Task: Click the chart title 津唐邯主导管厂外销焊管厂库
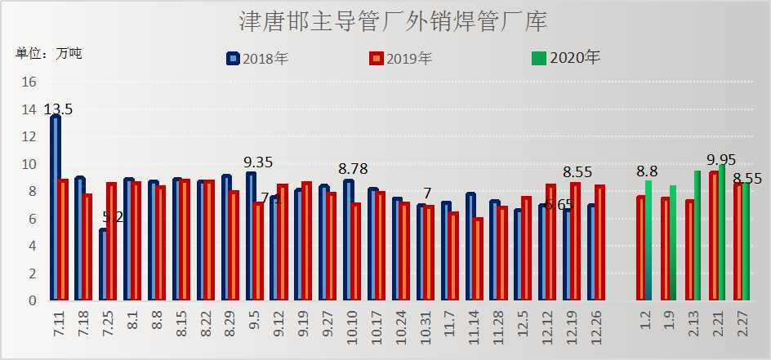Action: click(x=393, y=21)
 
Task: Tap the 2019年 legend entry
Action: click(x=400, y=58)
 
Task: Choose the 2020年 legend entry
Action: click(x=566, y=58)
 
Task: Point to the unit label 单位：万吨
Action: click(x=49, y=54)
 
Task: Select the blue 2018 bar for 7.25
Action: click(x=104, y=264)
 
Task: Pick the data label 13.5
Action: click(x=58, y=109)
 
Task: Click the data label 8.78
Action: click(x=352, y=169)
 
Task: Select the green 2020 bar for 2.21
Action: click(x=722, y=233)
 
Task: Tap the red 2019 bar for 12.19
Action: click(x=576, y=242)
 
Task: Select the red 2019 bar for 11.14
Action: click(x=478, y=259)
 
